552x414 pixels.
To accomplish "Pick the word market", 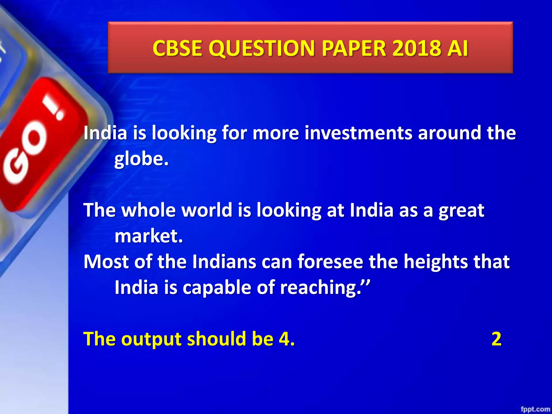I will (149, 236).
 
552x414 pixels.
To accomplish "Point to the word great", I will (461, 211).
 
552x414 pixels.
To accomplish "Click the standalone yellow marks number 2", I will (496, 339).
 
